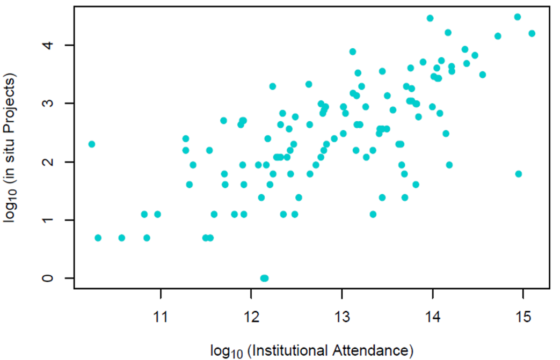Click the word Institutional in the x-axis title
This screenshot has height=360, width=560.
pos(303,351)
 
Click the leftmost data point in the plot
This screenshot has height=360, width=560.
pos(92,144)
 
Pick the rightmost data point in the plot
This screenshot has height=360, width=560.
pos(532,33)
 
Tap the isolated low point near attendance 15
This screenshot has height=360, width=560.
pos(518,174)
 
